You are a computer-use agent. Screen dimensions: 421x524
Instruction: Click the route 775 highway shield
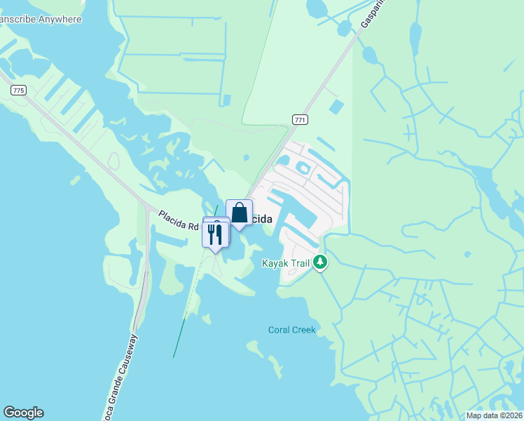[19, 91]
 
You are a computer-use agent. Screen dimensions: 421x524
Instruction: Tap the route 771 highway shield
[300, 120]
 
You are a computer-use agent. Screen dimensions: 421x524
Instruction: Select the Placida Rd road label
[179, 220]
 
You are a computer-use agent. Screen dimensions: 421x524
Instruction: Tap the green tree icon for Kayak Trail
[320, 262]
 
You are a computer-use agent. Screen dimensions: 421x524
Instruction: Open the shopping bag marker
[239, 213]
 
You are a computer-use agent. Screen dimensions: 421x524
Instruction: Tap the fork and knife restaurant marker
[215, 234]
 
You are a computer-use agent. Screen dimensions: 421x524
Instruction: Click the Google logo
[23, 413]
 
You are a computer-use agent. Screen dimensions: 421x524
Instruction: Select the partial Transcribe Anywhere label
[40, 19]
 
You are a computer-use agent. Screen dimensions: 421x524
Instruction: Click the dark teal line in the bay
[179, 337]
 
